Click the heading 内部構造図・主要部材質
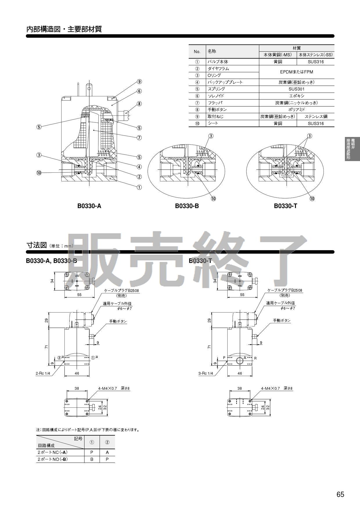64,29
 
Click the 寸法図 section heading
37,245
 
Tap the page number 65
340,494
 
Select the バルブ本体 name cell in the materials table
218,62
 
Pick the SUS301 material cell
296,89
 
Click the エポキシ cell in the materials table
296,96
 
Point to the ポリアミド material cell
296,110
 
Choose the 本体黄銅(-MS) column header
278,55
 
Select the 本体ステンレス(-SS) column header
316,55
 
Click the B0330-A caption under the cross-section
89,206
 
